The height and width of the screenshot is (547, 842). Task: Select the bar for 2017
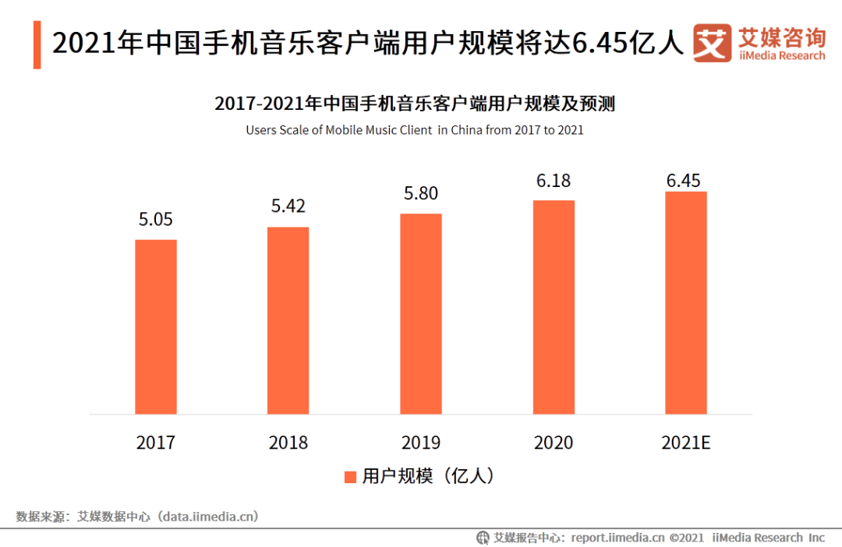click(x=156, y=326)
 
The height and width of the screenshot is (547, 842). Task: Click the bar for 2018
click(x=288, y=320)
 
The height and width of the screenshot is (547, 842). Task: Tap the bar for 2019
click(x=421, y=313)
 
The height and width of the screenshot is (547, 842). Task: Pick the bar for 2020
click(x=554, y=307)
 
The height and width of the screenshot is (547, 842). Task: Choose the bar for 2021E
click(x=686, y=302)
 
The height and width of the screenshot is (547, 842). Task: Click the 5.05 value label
click(x=156, y=220)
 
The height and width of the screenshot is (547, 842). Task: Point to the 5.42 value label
click(x=288, y=206)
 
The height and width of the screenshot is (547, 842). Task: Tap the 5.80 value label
click(x=421, y=193)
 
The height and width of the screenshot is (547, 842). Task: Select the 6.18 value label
click(x=554, y=181)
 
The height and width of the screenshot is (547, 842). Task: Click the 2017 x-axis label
click(x=156, y=443)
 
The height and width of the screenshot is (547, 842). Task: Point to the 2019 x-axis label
click(x=421, y=443)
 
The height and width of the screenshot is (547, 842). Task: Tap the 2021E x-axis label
click(x=686, y=443)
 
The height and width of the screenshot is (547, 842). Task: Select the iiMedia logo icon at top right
click(x=712, y=44)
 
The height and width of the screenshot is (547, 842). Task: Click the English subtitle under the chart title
click(x=415, y=130)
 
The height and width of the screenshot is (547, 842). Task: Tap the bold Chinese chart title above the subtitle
click(x=415, y=104)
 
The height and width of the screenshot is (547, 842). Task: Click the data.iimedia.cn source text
click(x=208, y=516)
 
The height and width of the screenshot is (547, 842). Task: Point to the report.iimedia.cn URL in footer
click(x=617, y=537)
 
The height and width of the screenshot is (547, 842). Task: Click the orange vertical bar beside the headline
click(x=37, y=44)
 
